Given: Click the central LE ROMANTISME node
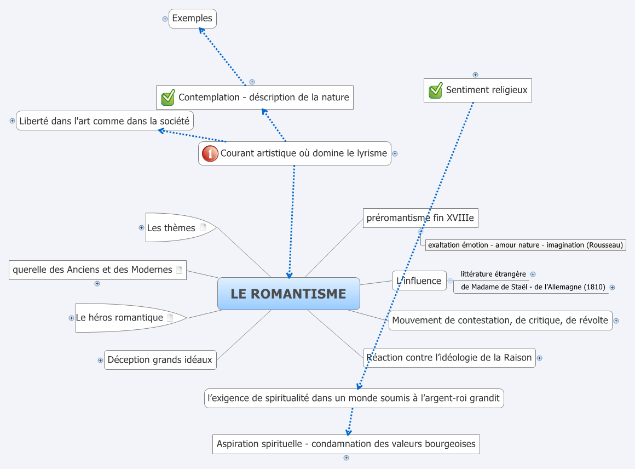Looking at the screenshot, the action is coord(288,294).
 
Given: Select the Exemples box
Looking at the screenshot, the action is coord(192,19).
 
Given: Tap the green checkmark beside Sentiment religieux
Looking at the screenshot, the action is coord(435,90).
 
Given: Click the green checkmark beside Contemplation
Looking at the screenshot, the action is coord(168,98).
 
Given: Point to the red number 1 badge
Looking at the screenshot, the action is coord(210,153).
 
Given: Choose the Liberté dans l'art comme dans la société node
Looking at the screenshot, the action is coord(105,121).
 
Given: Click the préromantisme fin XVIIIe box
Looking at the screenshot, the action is coord(420,218).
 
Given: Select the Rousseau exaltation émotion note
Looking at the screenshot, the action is coord(526,245).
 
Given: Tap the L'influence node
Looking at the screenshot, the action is coord(419,281).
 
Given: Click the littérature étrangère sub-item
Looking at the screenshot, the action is coord(493,274).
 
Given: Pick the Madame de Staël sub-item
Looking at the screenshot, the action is coord(529,287).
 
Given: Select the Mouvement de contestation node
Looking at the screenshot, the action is coord(500,321).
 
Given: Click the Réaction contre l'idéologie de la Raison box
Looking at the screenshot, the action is coord(449,358).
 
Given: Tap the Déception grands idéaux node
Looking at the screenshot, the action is coord(160,360).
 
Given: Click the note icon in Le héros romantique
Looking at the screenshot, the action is coord(170,317).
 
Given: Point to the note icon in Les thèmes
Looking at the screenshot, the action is coord(203,227).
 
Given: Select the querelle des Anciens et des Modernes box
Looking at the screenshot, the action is coord(92,270).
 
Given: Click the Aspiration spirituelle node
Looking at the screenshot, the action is coord(346,444).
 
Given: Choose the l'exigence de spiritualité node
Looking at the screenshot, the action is coord(354,398).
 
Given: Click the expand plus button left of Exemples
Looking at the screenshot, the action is coord(165,19).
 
